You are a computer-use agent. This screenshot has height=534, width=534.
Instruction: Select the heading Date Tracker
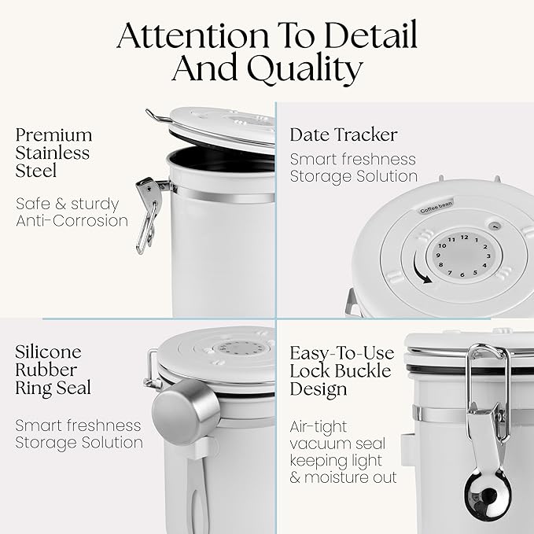[344, 134]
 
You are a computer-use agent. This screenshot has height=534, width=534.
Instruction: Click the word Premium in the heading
[53, 136]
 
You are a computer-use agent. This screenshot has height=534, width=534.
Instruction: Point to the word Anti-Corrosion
[72, 221]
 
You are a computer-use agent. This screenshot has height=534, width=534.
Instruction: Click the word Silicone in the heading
[48, 352]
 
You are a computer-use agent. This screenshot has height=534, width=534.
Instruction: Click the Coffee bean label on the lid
[436, 207]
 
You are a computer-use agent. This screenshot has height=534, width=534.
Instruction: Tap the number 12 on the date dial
[464, 238]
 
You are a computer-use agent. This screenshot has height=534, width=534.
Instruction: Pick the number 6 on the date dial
[462, 274]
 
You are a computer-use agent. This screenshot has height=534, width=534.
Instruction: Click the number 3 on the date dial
[488, 256]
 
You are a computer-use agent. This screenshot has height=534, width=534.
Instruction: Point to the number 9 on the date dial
[438, 256]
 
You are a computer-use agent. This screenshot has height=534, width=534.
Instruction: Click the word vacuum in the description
[316, 444]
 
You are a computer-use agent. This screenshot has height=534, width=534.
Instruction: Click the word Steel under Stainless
[35, 171]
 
